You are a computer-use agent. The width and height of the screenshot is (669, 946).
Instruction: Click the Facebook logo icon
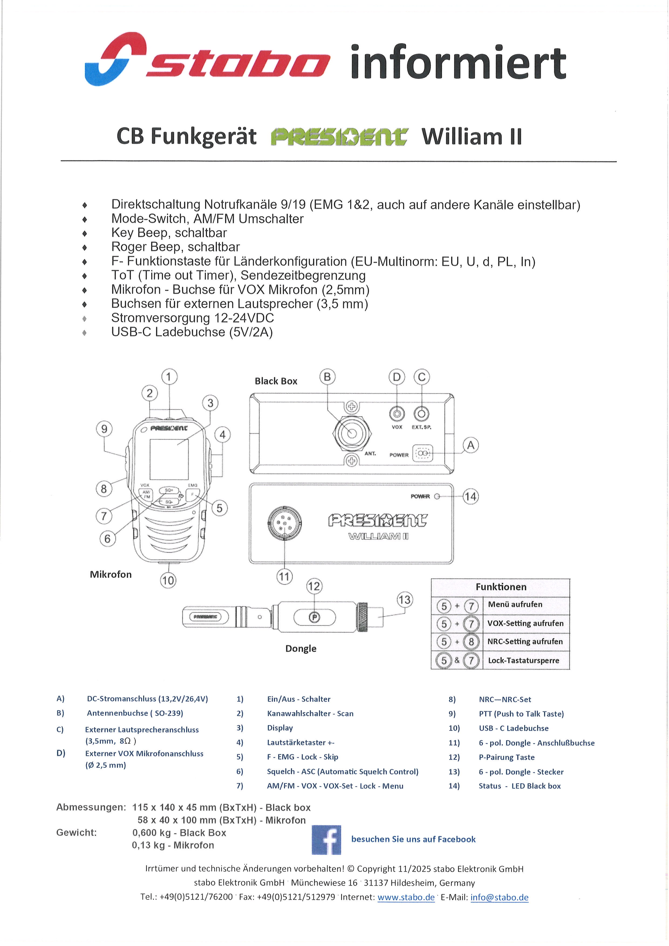tap(326, 840)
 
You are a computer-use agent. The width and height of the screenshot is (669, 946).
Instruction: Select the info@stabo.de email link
tap(499, 897)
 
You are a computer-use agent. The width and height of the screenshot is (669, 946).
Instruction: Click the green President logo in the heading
tap(339, 137)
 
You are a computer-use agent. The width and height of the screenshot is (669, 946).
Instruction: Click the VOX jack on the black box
tap(397, 414)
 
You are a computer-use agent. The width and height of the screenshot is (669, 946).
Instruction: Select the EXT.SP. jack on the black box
tap(421, 414)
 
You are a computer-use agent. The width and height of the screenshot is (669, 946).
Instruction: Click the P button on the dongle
tap(314, 617)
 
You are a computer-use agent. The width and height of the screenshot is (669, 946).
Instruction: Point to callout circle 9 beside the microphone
tap(104, 429)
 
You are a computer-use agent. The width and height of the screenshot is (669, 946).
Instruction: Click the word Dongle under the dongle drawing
tap(301, 648)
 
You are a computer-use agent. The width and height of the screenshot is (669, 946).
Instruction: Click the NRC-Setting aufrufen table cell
tap(525, 641)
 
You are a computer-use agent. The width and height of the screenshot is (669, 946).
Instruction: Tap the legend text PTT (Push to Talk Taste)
tap(521, 714)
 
